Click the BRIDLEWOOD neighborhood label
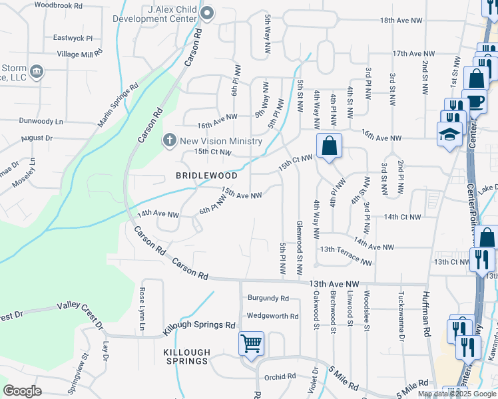pyautogui.click(x=206, y=176)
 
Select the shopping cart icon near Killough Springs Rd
pyautogui.click(x=252, y=344)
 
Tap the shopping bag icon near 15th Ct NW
pyautogui.click(x=329, y=145)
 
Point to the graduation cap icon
pyautogui.click(x=449, y=134)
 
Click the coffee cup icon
pyautogui.click(x=475, y=102)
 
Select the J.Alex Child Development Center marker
pyautogui.click(x=208, y=13)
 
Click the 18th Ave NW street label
pyautogui.click(x=401, y=21)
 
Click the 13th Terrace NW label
pyautogui.click(x=346, y=255)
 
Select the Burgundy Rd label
pyautogui.click(x=268, y=299)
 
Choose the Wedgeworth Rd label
pyautogui.click(x=272, y=316)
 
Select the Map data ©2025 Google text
pyautogui.click(x=456, y=394)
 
